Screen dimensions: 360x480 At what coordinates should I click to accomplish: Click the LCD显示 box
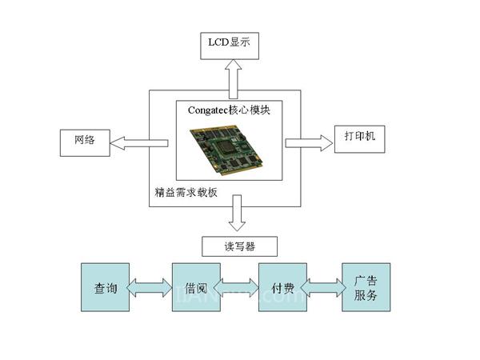point(229,43)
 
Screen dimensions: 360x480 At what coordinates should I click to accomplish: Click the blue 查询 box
point(106,288)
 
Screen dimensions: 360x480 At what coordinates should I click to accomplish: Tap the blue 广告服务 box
point(366,288)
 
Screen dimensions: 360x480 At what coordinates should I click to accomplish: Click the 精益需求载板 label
point(186,193)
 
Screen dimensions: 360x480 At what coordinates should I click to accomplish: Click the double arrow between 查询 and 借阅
point(151,286)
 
